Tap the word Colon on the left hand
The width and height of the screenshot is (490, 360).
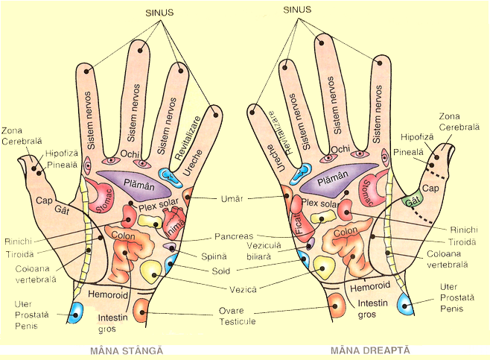pyautogui.click(x=123, y=236)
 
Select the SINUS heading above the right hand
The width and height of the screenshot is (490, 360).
pyautogui.click(x=298, y=10)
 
